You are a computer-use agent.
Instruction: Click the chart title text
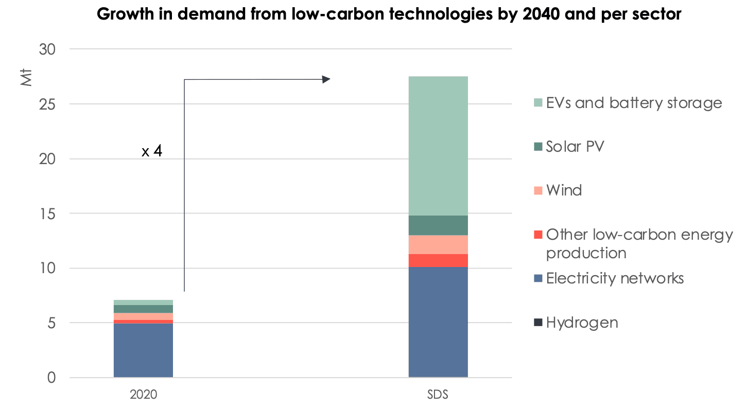click(x=389, y=14)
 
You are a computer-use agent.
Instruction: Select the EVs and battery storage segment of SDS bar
click(x=438, y=146)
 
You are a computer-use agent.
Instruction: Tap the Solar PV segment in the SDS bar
click(x=438, y=225)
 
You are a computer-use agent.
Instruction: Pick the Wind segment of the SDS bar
click(x=438, y=244)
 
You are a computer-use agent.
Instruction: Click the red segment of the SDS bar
click(x=438, y=261)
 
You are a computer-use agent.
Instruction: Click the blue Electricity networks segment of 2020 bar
click(x=143, y=350)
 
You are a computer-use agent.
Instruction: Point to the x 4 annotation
click(x=152, y=152)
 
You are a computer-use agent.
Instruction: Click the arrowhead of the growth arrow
click(x=326, y=79)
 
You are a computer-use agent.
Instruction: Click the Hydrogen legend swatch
click(x=538, y=323)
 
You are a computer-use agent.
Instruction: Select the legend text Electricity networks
click(x=615, y=278)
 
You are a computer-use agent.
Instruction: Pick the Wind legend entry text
click(x=564, y=190)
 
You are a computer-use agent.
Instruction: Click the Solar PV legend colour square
click(x=538, y=147)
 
